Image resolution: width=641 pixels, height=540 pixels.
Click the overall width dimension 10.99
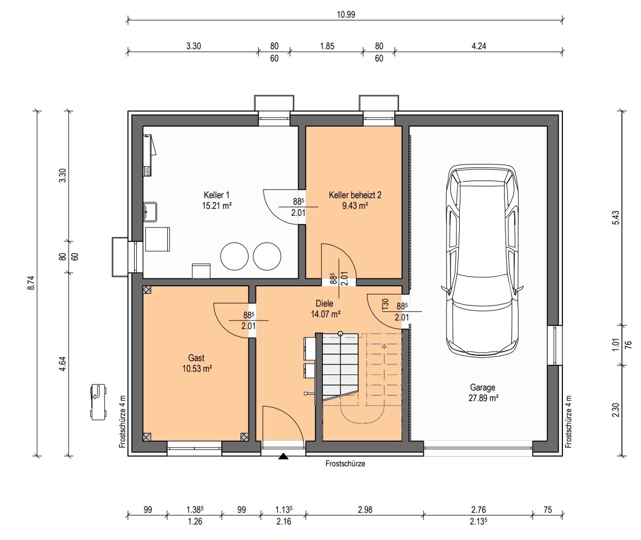click(x=346, y=15)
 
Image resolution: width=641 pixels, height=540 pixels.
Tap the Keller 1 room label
click(x=217, y=195)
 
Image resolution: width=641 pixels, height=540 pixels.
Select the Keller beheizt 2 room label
click(x=355, y=195)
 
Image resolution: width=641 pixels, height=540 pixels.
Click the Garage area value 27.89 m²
click(x=483, y=398)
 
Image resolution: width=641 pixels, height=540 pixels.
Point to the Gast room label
click(x=197, y=358)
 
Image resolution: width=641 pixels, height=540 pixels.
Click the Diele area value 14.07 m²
click(x=326, y=314)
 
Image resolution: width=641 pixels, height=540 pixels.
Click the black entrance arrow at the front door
click(x=283, y=456)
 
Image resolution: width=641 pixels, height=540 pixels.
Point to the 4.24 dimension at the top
click(x=478, y=46)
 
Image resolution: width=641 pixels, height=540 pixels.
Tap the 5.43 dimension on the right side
click(x=616, y=217)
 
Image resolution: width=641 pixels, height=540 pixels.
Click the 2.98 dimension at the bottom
click(x=365, y=510)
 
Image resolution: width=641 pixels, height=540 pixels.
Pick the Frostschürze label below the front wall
click(x=345, y=464)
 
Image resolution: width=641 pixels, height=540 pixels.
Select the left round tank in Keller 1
click(x=234, y=256)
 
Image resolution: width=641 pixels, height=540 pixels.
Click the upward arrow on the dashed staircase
click(x=384, y=347)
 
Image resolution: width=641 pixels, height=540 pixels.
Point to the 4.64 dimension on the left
click(x=63, y=364)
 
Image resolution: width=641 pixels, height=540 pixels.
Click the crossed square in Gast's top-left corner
click(x=147, y=289)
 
